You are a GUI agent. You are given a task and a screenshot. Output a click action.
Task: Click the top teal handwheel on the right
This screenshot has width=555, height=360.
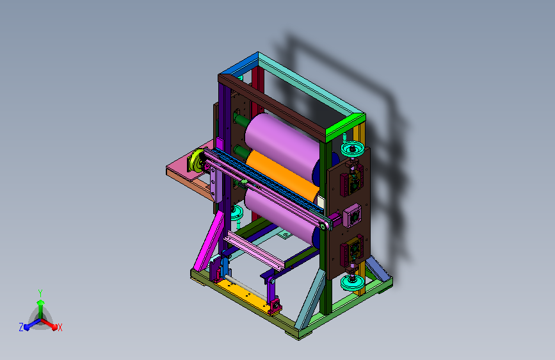click(352, 148)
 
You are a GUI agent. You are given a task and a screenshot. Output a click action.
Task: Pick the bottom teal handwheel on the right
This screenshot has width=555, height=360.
click(352, 282)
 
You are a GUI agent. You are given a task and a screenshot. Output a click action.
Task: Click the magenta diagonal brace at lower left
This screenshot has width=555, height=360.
click(209, 241)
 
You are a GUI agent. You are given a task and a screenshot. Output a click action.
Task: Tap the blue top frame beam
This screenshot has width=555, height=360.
click(238, 64)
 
